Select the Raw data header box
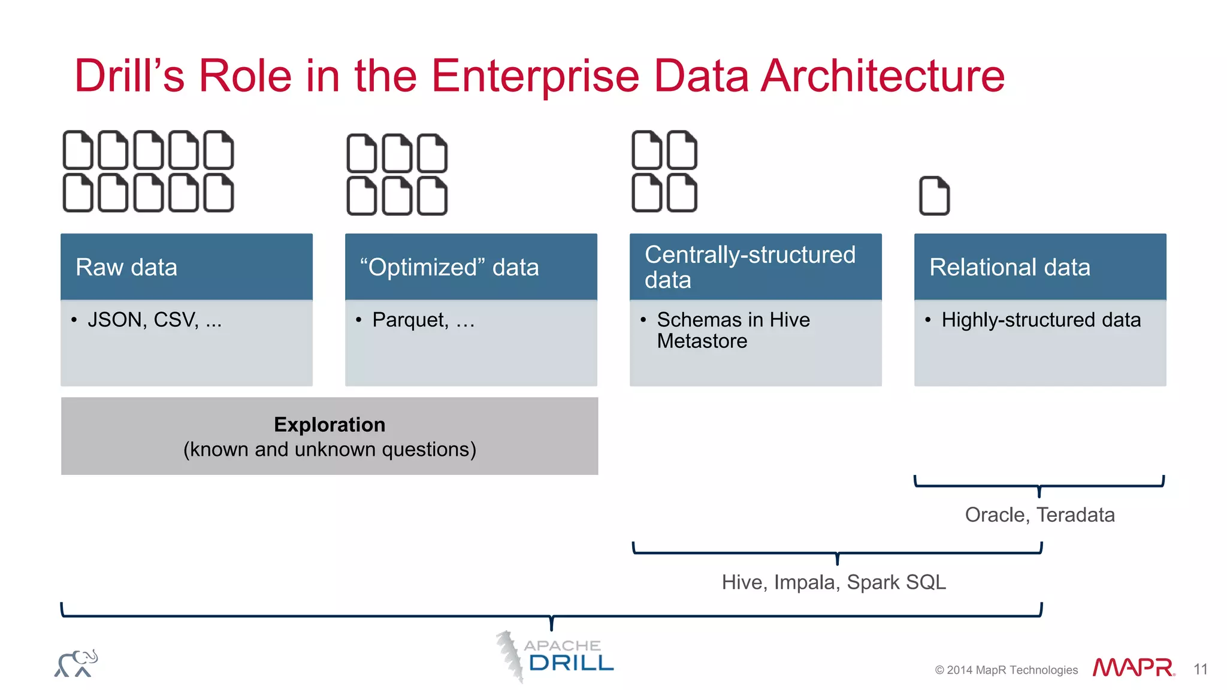coord(186,267)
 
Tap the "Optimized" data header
coord(471,267)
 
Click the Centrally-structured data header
coord(755,267)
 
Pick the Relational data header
coord(1040,267)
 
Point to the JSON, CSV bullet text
coord(155,320)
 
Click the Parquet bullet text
coord(423,320)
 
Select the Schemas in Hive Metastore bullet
coord(733,330)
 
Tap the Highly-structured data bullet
coord(1041,320)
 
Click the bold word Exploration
coord(330,424)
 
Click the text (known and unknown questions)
coord(330,449)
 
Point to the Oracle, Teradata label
coord(1039,515)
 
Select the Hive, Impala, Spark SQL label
coord(833,582)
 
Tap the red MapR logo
coord(1133,667)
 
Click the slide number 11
coord(1200,669)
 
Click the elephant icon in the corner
coord(76,663)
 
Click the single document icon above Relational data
coord(934,195)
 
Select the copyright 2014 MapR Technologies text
coord(1006,670)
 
